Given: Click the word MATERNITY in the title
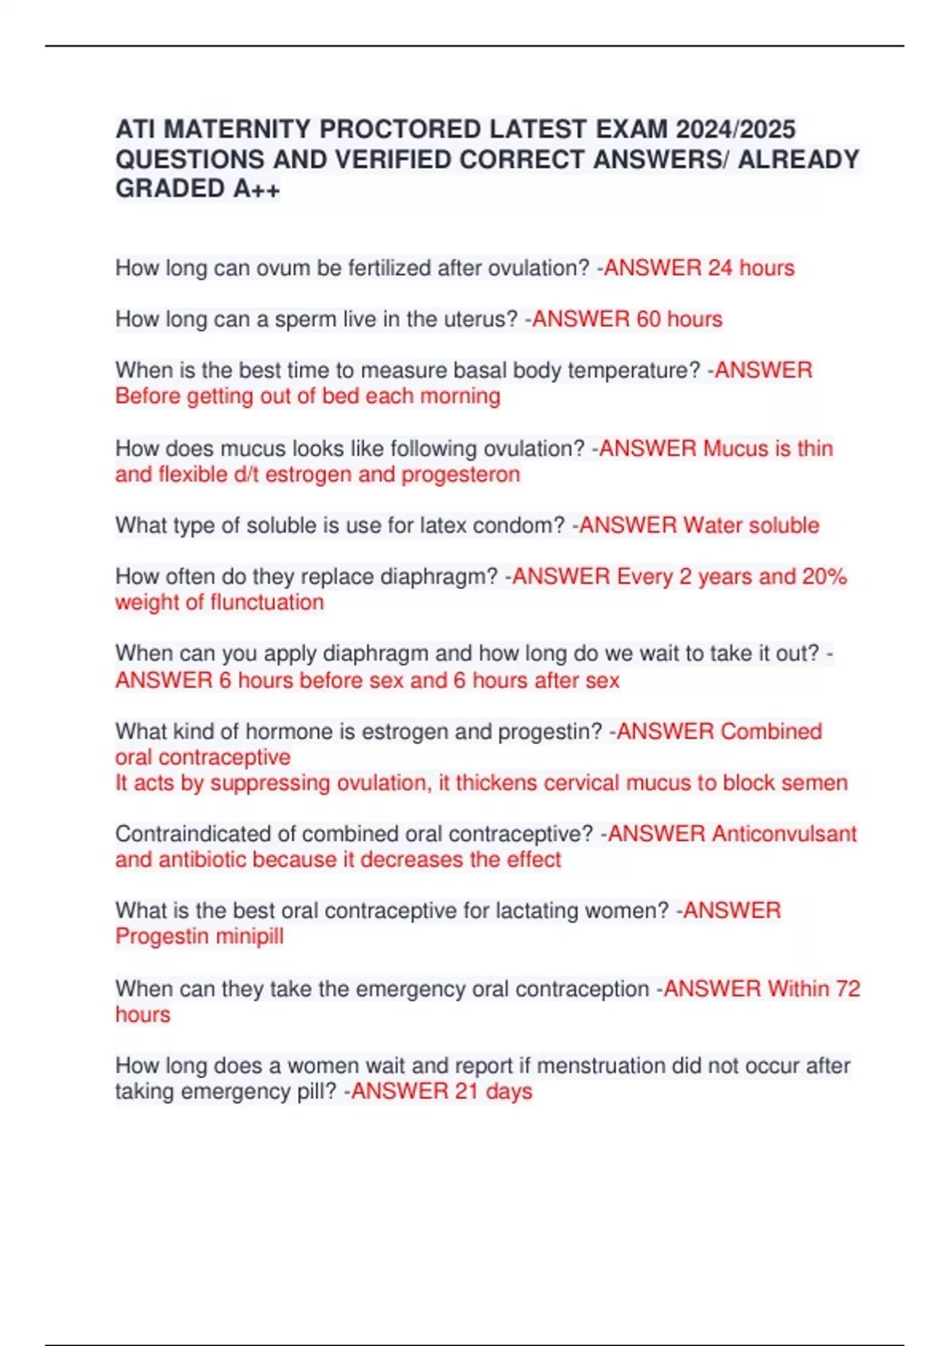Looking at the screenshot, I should [238, 129].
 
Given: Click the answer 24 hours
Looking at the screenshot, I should [750, 268].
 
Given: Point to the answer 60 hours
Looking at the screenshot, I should [679, 319].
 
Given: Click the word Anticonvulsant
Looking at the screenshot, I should [784, 834].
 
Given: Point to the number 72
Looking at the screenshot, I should [847, 988].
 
